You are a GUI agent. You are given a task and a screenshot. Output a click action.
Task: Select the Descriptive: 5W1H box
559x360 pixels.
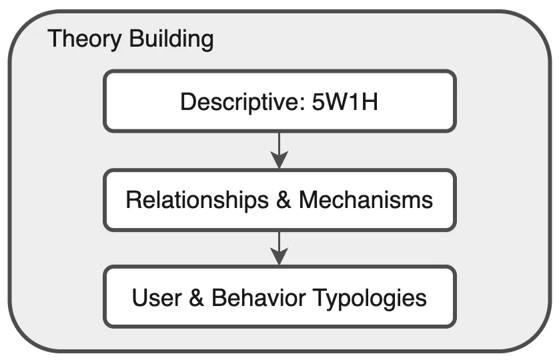pyautogui.click(x=279, y=101)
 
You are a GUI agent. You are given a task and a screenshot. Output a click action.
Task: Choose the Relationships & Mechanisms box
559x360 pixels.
pyautogui.click(x=279, y=199)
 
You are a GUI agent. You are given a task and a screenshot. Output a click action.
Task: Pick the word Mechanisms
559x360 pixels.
pyautogui.click(x=366, y=199)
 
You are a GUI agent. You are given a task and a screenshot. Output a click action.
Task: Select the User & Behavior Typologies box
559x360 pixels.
pyautogui.click(x=279, y=297)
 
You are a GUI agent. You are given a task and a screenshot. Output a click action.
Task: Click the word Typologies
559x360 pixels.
pyautogui.click(x=372, y=297)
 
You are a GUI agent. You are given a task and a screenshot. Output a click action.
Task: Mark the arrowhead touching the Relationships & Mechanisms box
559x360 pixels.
pyautogui.click(x=279, y=161)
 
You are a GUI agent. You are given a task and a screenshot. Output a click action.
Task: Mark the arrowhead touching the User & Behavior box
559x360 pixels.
pyautogui.click(x=279, y=257)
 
